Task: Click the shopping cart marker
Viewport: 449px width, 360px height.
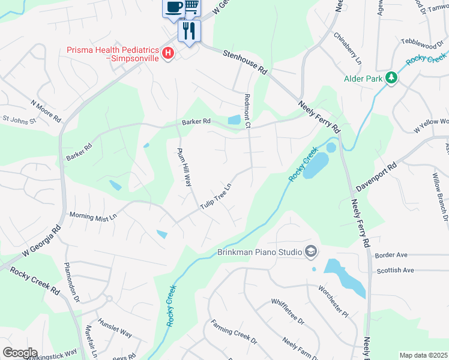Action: (191, 6)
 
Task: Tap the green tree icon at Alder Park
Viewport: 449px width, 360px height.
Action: (391, 78)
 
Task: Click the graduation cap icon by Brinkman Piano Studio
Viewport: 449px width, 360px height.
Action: (310, 251)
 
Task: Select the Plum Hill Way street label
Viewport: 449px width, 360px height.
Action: (184, 167)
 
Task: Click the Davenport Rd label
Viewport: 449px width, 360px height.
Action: (376, 176)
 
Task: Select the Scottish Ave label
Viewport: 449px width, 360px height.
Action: (395, 271)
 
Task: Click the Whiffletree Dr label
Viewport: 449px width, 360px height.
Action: (288, 311)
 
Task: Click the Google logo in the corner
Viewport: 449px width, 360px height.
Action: (20, 352)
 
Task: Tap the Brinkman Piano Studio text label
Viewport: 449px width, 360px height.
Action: (259, 253)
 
